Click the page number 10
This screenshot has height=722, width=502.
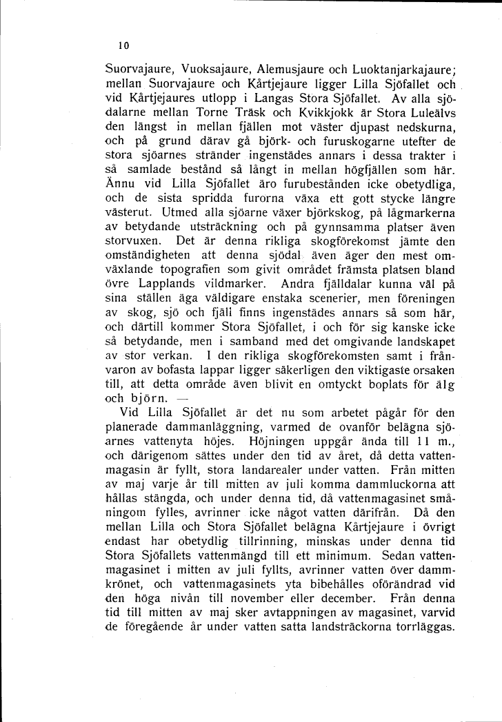(x=123, y=46)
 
